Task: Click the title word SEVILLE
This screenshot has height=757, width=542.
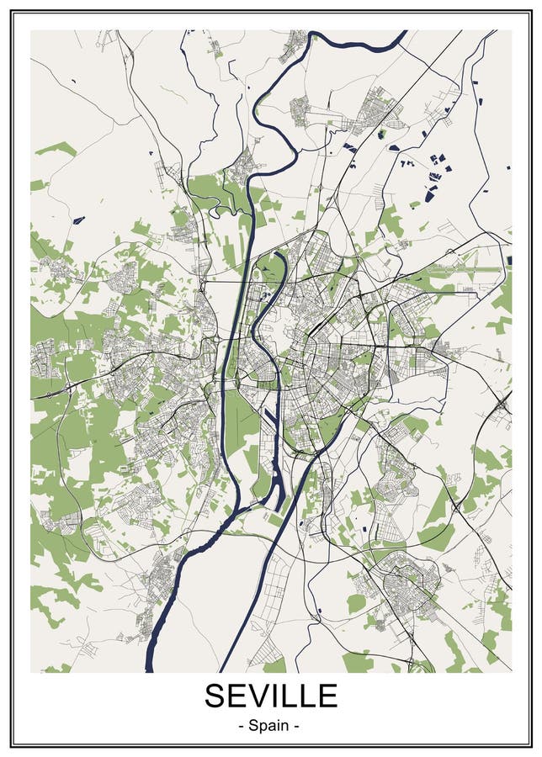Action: [x=271, y=696]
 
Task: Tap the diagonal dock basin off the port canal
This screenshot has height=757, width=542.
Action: [x=273, y=421]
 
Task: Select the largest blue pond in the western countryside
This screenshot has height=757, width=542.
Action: [x=78, y=220]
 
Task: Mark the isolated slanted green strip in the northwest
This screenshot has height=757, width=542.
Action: [x=56, y=149]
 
